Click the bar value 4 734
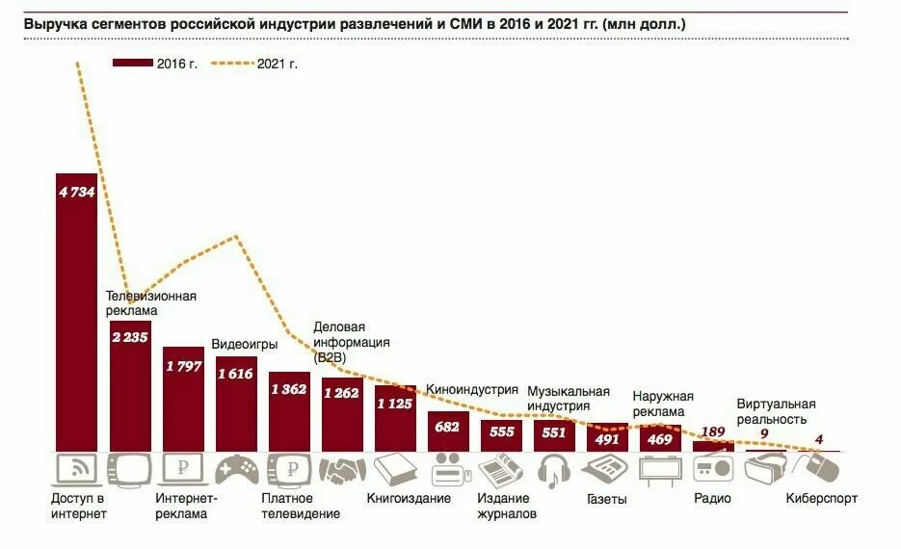[76, 193]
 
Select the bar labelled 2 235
[129, 385]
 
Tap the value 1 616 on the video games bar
[235, 373]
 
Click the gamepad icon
[235, 470]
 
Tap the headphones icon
[554, 470]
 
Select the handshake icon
[342, 470]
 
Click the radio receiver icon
[713, 469]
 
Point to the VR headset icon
[766, 469]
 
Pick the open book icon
[394, 470]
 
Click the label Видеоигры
[245, 344]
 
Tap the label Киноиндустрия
[472, 390]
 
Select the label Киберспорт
[821, 499]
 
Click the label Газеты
[607, 500]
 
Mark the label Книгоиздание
[409, 499]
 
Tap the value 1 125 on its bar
[394, 403]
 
